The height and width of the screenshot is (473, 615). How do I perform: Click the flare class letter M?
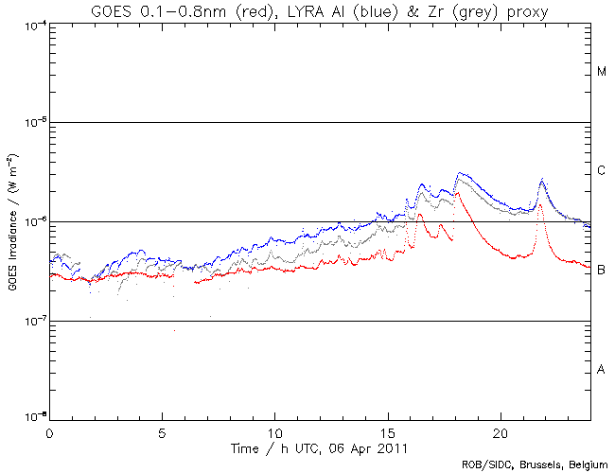pyautogui.click(x=602, y=72)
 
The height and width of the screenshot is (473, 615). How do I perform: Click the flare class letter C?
pyautogui.click(x=602, y=171)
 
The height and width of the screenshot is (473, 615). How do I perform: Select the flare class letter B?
pyautogui.click(x=602, y=271)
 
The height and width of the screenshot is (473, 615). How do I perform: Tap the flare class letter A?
pyautogui.click(x=602, y=370)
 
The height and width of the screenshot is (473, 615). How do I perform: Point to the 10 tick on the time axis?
pyautogui.click(x=275, y=432)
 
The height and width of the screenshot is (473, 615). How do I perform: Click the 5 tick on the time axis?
pyautogui.click(x=162, y=432)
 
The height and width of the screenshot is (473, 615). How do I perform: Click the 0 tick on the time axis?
pyautogui.click(x=49, y=432)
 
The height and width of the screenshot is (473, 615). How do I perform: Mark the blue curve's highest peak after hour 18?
pyautogui.click(x=460, y=173)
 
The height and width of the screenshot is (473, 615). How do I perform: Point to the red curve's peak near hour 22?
pyautogui.click(x=541, y=203)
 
